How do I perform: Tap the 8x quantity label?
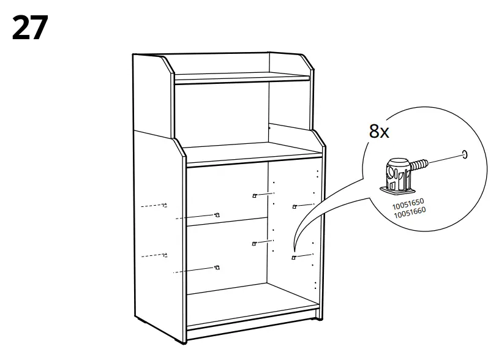(379, 132)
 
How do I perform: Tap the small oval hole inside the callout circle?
(465, 154)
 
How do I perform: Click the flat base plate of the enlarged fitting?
(396, 185)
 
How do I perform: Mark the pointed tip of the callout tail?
(295, 253)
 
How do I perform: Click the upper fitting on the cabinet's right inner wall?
(295, 206)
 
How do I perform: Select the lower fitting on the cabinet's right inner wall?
(294, 258)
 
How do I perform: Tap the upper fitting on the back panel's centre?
(253, 196)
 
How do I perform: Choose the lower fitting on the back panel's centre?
(254, 244)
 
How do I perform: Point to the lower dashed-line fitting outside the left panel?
(164, 255)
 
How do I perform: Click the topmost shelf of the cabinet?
(242, 78)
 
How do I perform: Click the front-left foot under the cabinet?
(140, 321)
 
